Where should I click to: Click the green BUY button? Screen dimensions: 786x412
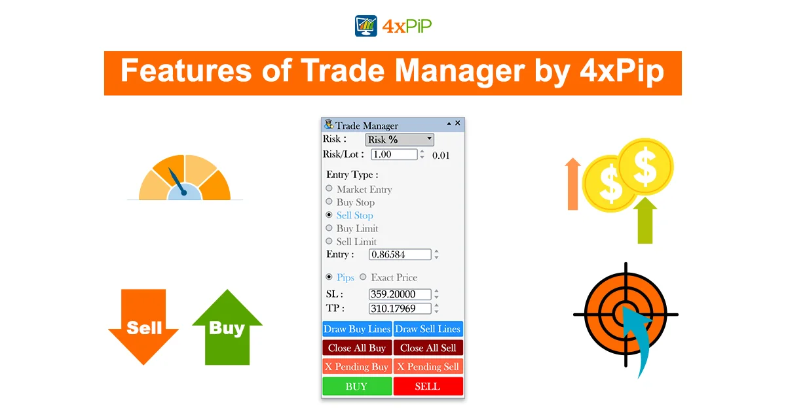click(x=357, y=386)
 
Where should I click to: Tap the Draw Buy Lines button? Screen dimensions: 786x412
click(x=357, y=329)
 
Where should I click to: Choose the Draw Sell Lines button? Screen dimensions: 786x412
click(x=428, y=329)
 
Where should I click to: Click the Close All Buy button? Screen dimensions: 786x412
click(x=357, y=348)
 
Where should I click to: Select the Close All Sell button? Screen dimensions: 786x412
click(x=428, y=348)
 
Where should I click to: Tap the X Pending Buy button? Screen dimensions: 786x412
click(x=357, y=366)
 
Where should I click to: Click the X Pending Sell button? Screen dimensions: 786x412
click(x=428, y=366)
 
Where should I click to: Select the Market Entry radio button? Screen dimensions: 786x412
click(x=329, y=188)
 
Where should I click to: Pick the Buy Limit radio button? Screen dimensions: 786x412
click(x=329, y=228)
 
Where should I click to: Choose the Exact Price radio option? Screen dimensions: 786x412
click(x=363, y=277)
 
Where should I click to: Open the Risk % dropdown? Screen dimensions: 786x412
click(x=400, y=139)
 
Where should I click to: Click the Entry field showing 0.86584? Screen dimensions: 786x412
click(x=400, y=254)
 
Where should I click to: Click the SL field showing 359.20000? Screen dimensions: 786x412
click(x=400, y=294)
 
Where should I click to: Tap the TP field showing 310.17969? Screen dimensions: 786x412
click(x=400, y=308)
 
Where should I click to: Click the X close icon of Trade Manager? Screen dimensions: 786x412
click(x=458, y=123)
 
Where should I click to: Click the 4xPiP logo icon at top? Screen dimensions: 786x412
click(x=366, y=26)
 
